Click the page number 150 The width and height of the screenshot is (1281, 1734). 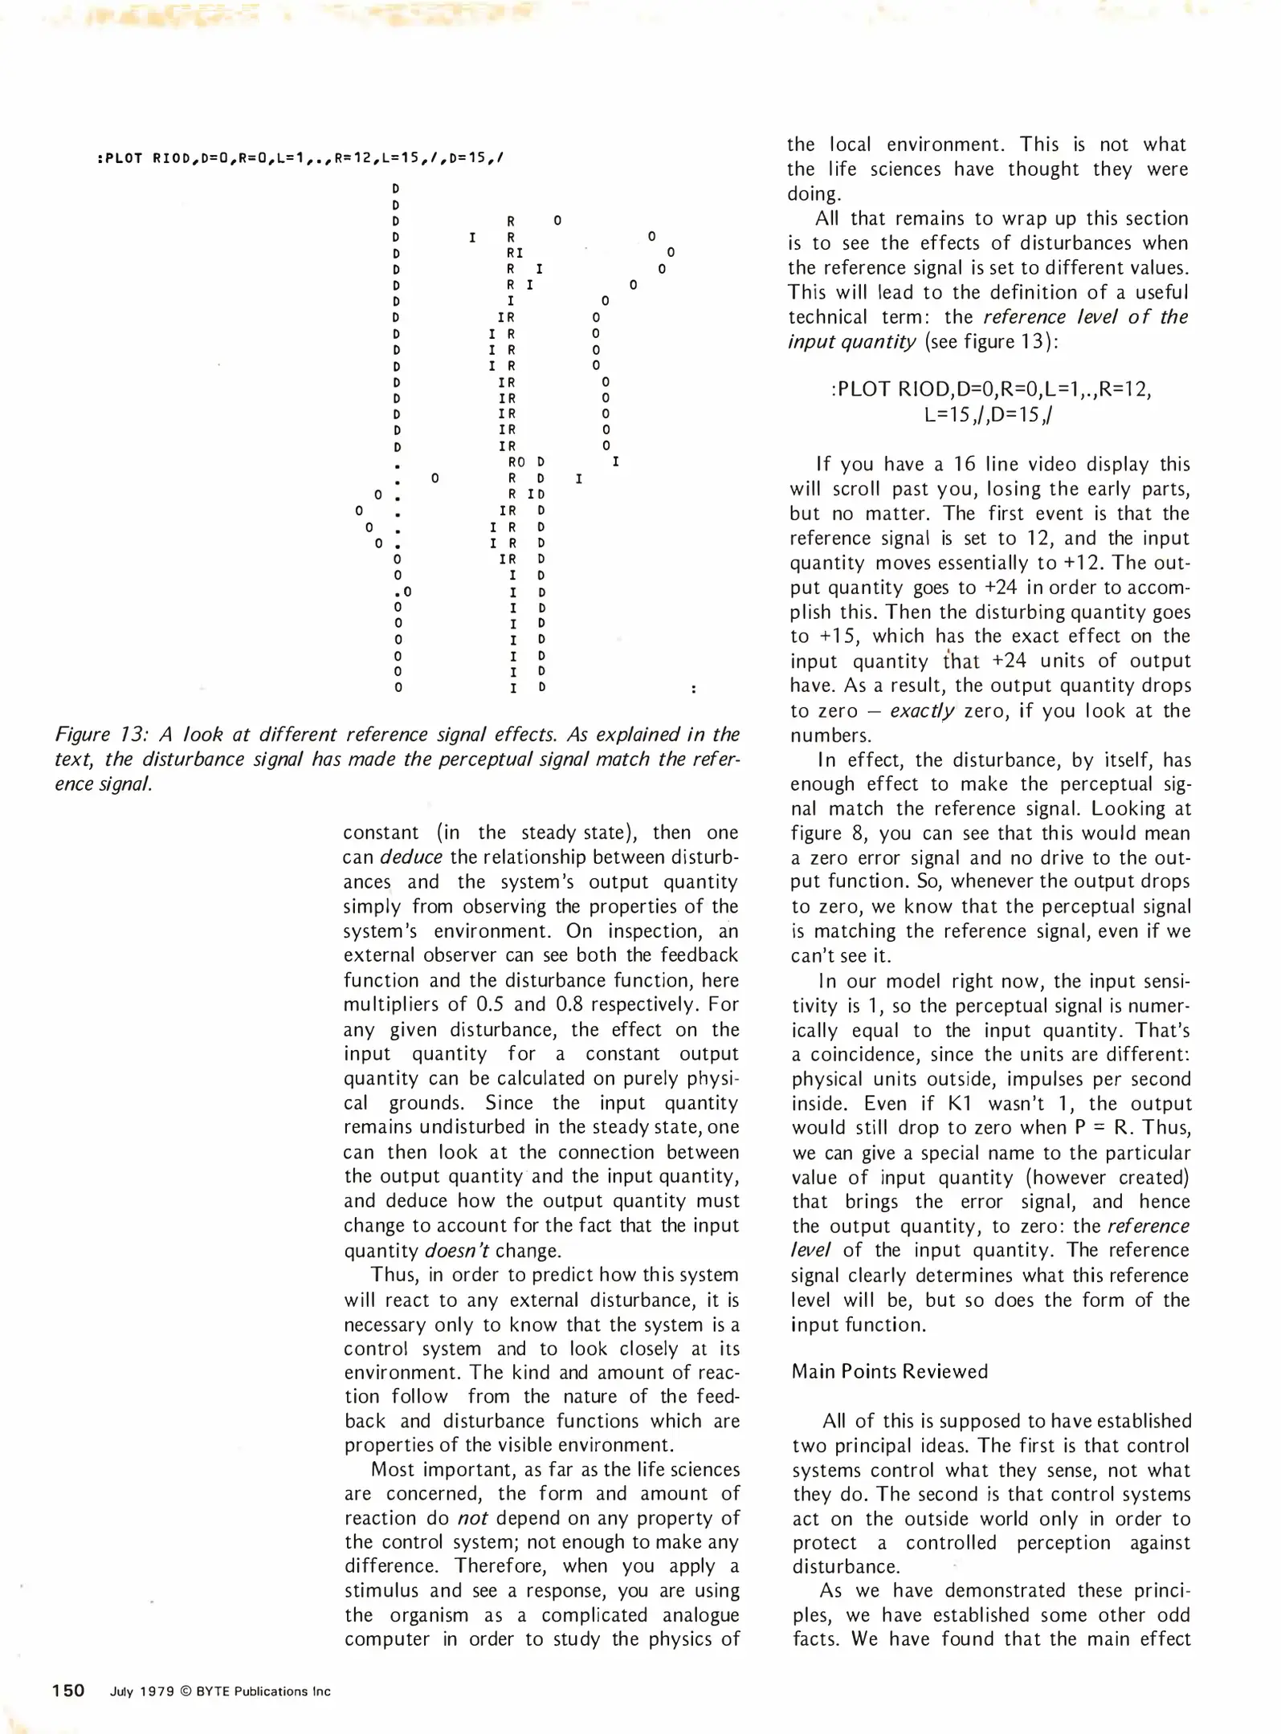(x=68, y=1691)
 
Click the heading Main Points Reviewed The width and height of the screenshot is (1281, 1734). (x=889, y=1371)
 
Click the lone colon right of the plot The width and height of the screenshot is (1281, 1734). (x=693, y=689)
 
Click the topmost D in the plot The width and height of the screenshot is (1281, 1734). (x=396, y=189)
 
